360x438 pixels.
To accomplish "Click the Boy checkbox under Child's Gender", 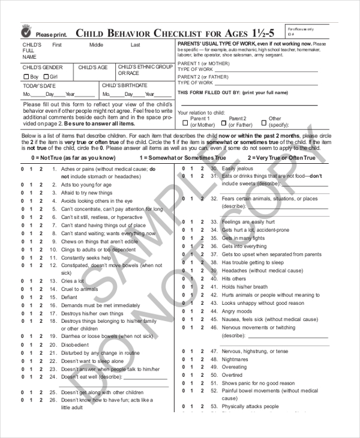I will (x=26, y=77).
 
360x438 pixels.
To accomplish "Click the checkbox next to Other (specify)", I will (x=265, y=122).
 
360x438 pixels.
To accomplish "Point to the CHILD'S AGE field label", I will (x=93, y=68).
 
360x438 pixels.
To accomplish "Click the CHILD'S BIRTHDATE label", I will (x=124, y=86).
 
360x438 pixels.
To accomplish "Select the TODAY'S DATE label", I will (x=38, y=86).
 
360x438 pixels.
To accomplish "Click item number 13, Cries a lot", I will (x=73, y=281).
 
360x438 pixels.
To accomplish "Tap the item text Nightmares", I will (x=235, y=359).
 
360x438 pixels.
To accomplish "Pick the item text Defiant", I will (x=69, y=297).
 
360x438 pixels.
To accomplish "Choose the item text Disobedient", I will (x=75, y=345).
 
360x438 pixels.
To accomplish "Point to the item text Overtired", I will (x=233, y=375).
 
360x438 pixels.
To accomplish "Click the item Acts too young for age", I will (x=86, y=185).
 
